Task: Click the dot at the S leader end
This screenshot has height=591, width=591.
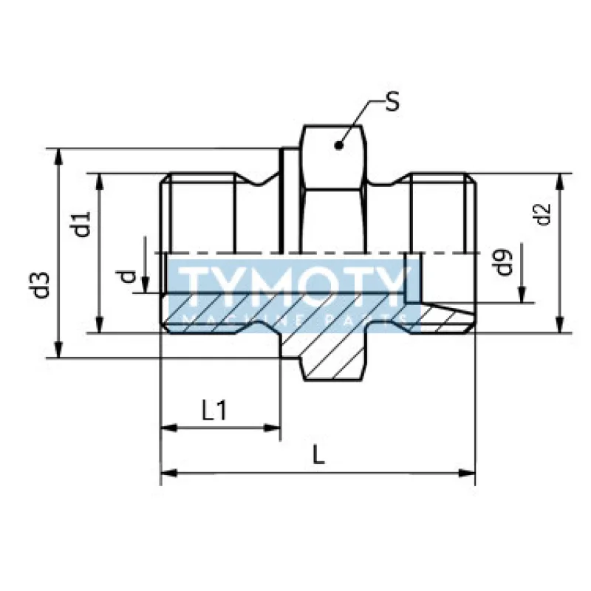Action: click(x=338, y=145)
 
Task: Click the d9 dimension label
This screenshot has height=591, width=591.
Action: click(x=505, y=263)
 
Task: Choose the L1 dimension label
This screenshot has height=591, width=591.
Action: click(x=213, y=411)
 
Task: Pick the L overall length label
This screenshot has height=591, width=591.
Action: click(x=318, y=455)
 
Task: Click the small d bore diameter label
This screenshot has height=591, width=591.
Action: click(x=129, y=277)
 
